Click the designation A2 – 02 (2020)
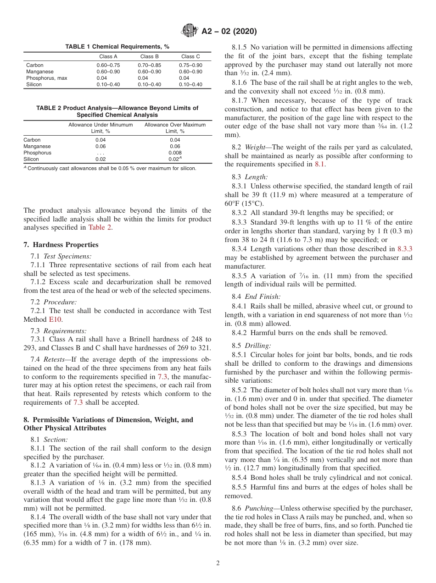click(229, 32)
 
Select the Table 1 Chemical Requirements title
click(117, 47)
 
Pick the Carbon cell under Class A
click(108, 65)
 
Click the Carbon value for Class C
click(190, 65)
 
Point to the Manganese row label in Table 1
click(40, 72)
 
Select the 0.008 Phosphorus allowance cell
click(175, 153)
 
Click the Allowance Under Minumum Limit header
click(101, 128)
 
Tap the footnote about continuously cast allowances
click(110, 168)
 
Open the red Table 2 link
click(100, 227)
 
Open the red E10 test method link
click(55, 319)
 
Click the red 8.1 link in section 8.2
click(319, 164)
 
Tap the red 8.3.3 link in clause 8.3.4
click(404, 249)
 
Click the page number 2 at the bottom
click(218, 563)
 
